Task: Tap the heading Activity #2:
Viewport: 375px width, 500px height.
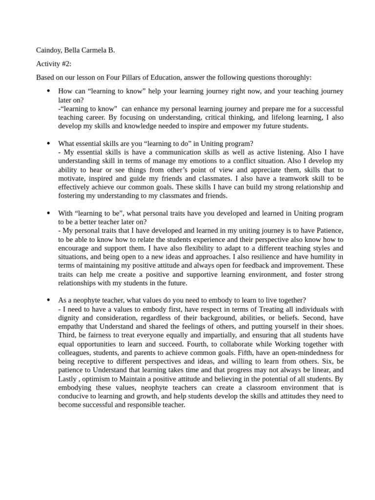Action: click(x=54, y=64)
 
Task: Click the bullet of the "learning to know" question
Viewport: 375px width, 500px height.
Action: click(x=48, y=91)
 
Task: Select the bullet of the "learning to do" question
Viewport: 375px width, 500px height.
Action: click(x=48, y=143)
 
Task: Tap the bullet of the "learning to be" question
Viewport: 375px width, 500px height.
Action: click(x=48, y=213)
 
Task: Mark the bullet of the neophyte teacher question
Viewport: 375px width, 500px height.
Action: click(x=48, y=300)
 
